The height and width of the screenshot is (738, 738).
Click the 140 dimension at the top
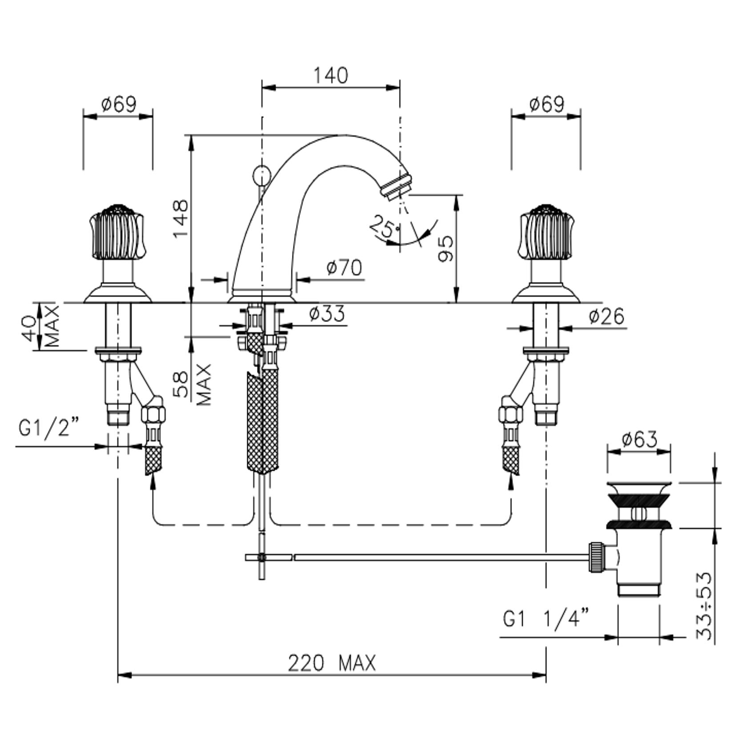coord(331,76)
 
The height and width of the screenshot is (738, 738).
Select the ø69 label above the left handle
coord(118,104)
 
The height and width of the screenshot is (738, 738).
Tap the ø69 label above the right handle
coord(546,104)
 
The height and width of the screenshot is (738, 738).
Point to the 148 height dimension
coord(181,218)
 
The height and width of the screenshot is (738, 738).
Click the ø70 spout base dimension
coord(344,268)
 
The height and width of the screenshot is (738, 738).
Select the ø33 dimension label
coord(327,313)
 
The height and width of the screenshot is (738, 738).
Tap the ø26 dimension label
coord(606,316)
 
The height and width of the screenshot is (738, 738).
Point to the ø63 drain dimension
coord(639,439)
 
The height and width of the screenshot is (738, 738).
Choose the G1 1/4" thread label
coord(546,618)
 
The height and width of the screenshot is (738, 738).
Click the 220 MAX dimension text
coord(332,663)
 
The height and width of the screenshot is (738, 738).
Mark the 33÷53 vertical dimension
coord(705,606)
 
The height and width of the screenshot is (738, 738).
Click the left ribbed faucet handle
coord(118,232)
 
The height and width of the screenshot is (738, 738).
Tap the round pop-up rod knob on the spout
coord(261,175)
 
